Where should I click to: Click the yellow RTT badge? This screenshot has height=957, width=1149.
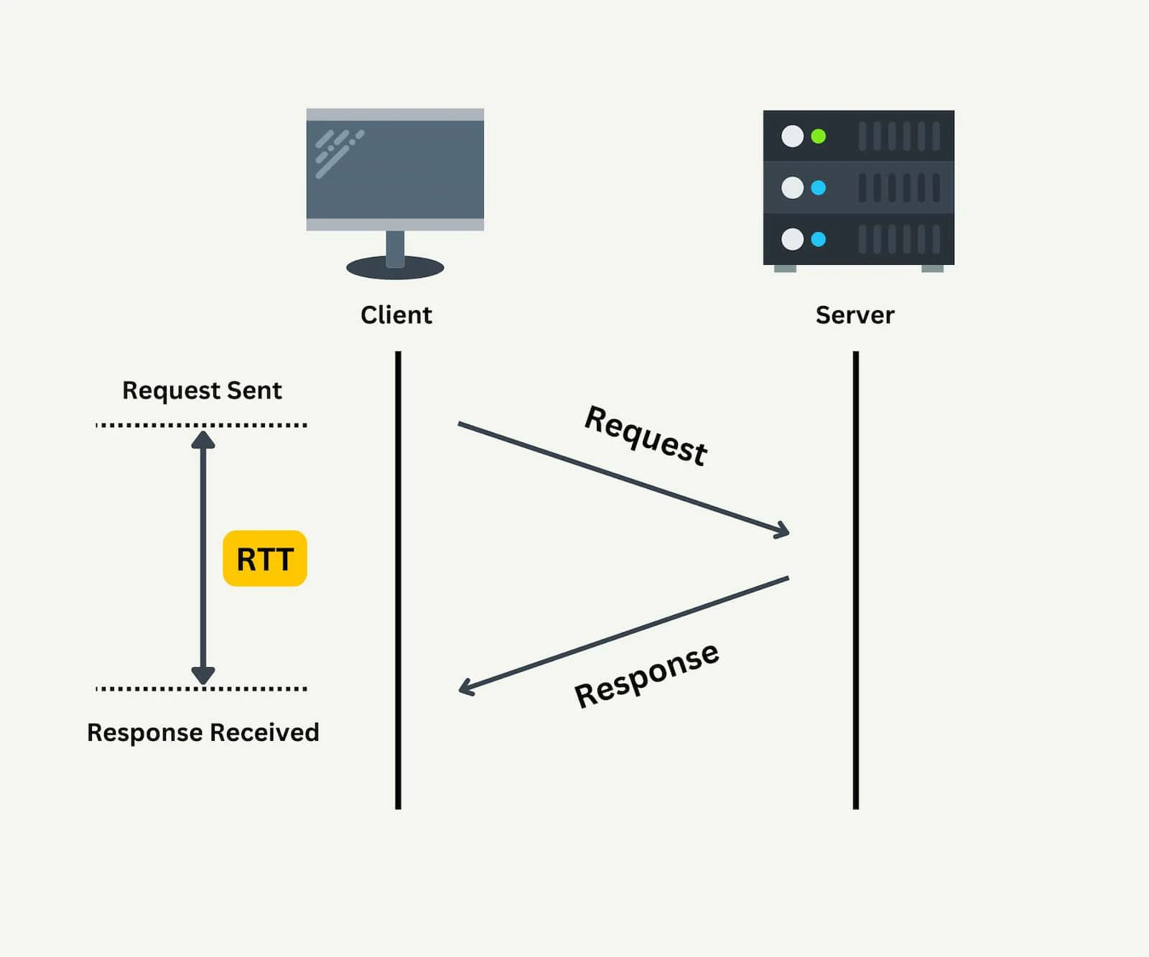click(265, 559)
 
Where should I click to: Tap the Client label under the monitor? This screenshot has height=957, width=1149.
click(396, 315)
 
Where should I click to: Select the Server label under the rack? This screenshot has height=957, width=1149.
click(855, 315)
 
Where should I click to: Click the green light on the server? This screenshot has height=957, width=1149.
click(818, 136)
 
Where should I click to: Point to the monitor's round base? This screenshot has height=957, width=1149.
click(395, 269)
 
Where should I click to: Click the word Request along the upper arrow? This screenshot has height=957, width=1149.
click(646, 435)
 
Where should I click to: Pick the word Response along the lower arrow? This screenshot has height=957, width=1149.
click(646, 676)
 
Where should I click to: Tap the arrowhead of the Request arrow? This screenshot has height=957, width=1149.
click(784, 531)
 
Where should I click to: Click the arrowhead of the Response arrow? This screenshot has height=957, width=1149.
click(464, 688)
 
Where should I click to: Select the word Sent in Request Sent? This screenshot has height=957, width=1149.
click(253, 391)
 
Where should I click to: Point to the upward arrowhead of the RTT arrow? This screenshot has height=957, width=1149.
click(203, 438)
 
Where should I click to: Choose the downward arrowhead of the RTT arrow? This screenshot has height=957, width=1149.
click(203, 676)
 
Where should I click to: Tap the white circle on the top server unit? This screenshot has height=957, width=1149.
click(792, 136)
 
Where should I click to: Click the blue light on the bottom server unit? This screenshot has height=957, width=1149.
click(818, 239)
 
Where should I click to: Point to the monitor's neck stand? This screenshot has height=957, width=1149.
click(395, 247)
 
